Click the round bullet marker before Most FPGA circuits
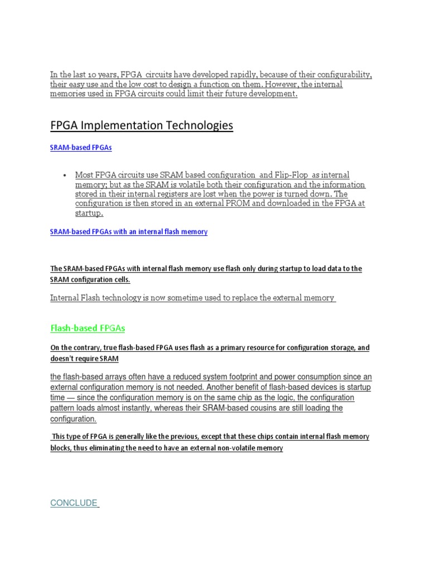66,175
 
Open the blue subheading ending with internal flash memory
129,231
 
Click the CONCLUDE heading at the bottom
74,503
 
